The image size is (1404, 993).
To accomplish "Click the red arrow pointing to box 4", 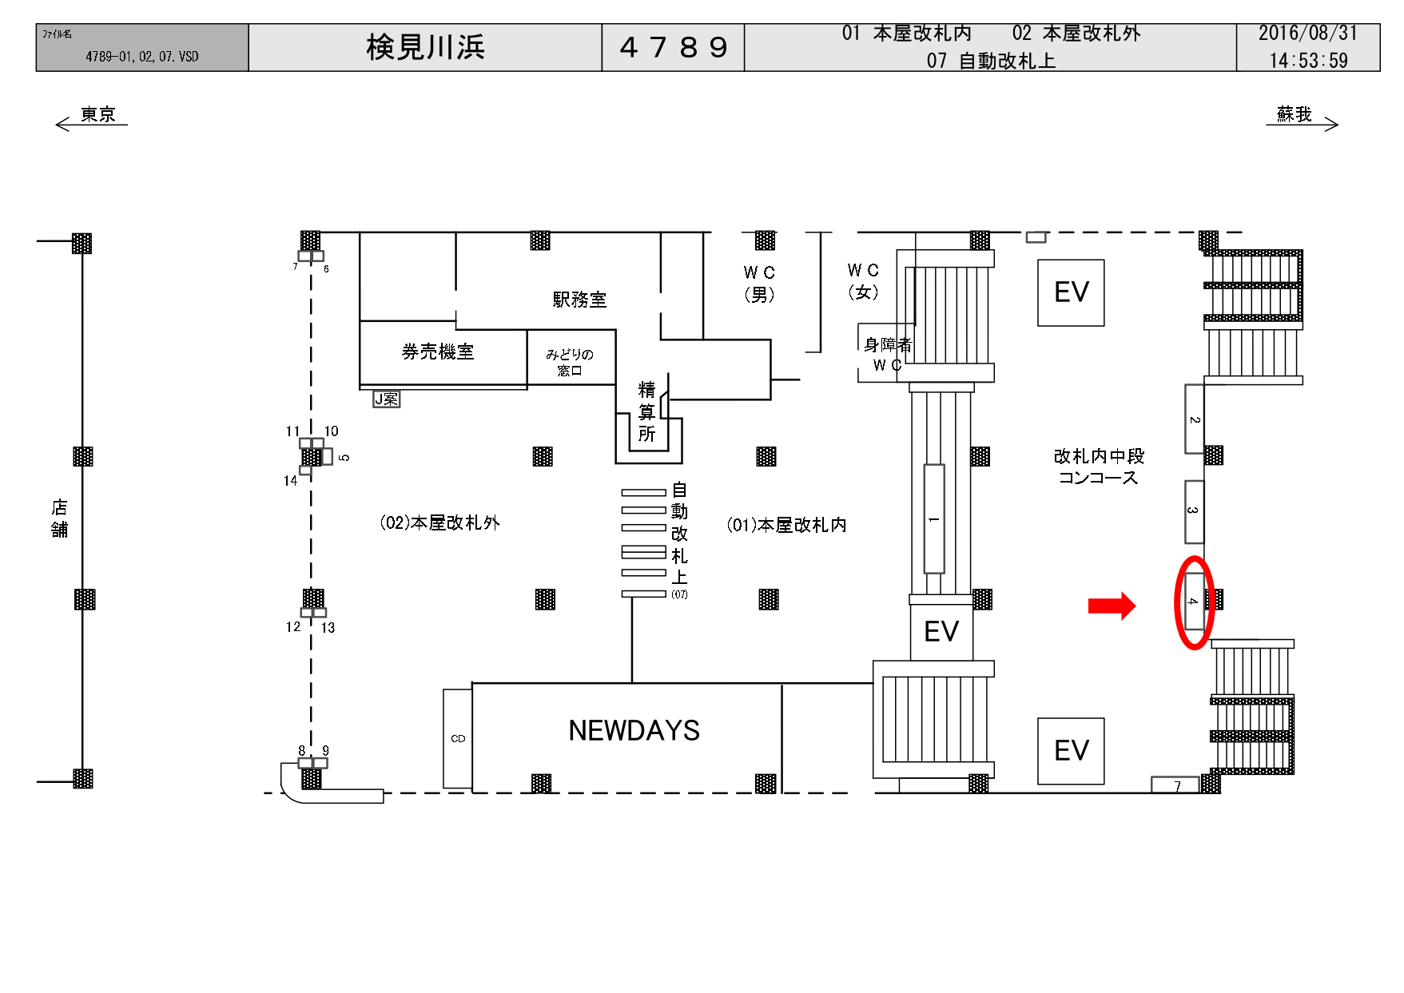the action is point(1112,606).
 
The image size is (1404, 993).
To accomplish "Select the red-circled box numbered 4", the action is point(1194,601).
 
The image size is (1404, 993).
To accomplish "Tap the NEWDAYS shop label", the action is point(634,730).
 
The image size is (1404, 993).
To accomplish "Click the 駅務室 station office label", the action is point(579,300).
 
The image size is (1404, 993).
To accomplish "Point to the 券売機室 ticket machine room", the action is point(438,352).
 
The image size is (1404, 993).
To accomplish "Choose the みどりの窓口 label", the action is point(570,362).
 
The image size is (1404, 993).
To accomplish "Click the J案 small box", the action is point(387,399).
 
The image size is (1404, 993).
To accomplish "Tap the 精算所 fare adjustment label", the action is point(647,411).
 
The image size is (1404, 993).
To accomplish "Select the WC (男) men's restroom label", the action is point(759,284).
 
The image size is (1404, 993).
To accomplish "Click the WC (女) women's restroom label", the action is point(863,281).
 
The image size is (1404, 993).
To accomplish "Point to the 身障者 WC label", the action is point(887,355).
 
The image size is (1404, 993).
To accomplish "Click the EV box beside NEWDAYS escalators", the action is point(941,631).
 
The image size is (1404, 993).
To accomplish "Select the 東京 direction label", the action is point(98,114).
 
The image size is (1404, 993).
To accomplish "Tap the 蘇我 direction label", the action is point(1295,114).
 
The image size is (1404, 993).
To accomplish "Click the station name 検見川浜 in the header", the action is point(425,47).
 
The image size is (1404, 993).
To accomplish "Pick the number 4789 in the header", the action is point(674,47).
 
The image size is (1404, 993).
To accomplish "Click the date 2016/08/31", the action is point(1308,34).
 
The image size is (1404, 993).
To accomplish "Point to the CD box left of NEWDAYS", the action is point(458,738).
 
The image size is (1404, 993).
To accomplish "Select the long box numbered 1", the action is point(933,518).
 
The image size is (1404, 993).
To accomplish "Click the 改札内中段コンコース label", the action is point(1099,467).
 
